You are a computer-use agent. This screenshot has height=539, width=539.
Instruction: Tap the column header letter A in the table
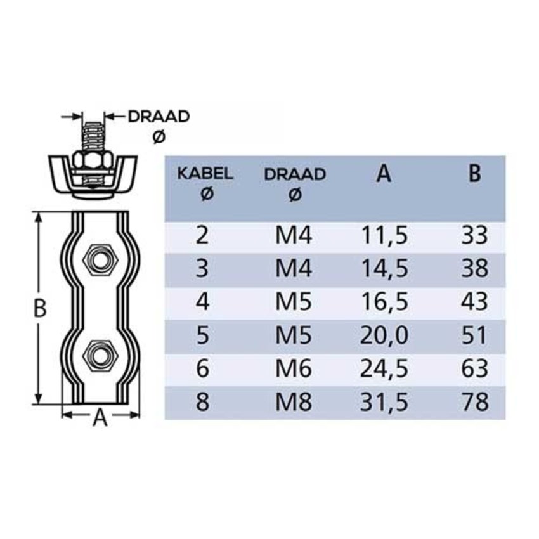383,174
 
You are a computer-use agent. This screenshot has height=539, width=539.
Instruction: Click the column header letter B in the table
475,174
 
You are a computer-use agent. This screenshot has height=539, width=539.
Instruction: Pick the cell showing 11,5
384,237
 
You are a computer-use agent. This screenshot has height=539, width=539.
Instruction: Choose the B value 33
475,237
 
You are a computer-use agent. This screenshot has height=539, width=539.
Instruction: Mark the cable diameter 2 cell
202,237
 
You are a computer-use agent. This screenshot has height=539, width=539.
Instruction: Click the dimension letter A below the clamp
100,419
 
